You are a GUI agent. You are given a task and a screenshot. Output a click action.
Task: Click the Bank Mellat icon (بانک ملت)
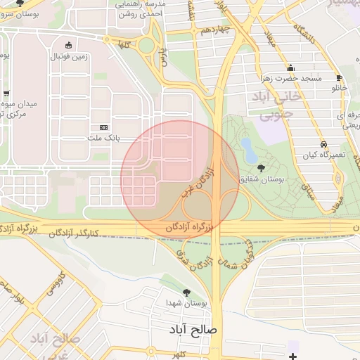tap(105, 127)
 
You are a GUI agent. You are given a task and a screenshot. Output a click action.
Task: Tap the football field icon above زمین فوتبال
tap(67, 44)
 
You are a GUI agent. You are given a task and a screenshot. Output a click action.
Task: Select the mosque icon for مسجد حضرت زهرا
tap(290, 67)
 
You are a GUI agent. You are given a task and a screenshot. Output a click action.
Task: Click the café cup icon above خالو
tap(340, 78)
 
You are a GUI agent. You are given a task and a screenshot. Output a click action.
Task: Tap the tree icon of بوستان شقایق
tap(262, 168)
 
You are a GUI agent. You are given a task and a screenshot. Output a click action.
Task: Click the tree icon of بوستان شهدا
tap(186, 292)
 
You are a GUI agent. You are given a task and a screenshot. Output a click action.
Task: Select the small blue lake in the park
tap(248, 148)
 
